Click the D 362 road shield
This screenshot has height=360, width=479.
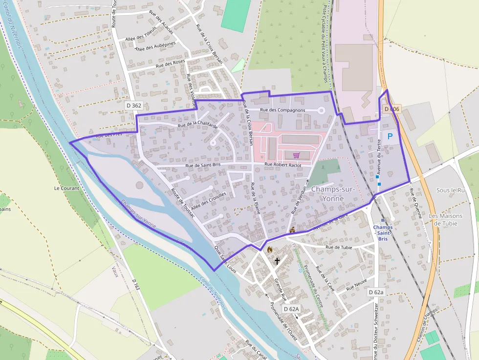coord(133,105)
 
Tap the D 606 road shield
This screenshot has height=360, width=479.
coord(392,109)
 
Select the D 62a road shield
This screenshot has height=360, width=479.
coord(376,292)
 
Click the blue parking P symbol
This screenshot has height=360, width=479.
coord(390,137)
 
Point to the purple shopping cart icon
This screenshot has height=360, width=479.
coord(296,155)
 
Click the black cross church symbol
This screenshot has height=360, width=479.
coord(277,261)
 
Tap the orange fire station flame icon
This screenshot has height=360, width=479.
coord(269,249)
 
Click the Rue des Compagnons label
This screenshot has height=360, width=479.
coord(283,110)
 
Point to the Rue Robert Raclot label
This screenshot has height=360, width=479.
coord(283,165)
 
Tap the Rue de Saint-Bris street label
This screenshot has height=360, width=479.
coord(203,166)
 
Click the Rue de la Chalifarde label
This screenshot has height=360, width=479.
coord(197,125)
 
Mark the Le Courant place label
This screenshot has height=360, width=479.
coord(64,188)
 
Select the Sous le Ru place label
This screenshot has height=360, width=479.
coord(450,190)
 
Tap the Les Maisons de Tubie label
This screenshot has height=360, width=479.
coord(443,220)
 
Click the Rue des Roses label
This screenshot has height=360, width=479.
coord(170,64)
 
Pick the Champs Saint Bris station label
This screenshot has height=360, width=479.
coord(383,233)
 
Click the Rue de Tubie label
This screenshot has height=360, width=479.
coord(339,247)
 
